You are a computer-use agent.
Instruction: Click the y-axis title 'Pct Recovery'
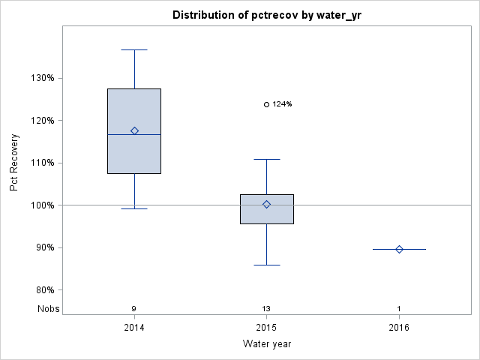point(14,163)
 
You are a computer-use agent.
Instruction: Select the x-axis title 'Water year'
point(266,344)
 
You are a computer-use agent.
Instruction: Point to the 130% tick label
point(41,78)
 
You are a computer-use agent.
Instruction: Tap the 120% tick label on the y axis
point(41,120)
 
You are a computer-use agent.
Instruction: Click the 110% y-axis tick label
point(41,163)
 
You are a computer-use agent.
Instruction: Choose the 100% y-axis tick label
point(41,205)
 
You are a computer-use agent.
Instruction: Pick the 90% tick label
point(43,247)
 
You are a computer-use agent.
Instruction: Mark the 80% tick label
point(43,289)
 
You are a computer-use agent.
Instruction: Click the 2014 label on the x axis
point(134,327)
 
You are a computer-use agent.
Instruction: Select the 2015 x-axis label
point(266,327)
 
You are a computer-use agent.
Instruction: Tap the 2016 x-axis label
point(399,327)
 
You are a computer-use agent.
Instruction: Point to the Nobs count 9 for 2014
point(134,308)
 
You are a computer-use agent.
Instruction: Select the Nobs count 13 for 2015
point(266,308)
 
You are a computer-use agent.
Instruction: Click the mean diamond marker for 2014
point(134,130)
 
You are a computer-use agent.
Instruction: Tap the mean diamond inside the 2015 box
point(266,204)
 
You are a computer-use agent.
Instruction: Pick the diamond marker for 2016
point(399,249)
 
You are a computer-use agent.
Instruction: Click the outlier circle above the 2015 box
point(266,104)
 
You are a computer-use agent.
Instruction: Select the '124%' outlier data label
point(282,104)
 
